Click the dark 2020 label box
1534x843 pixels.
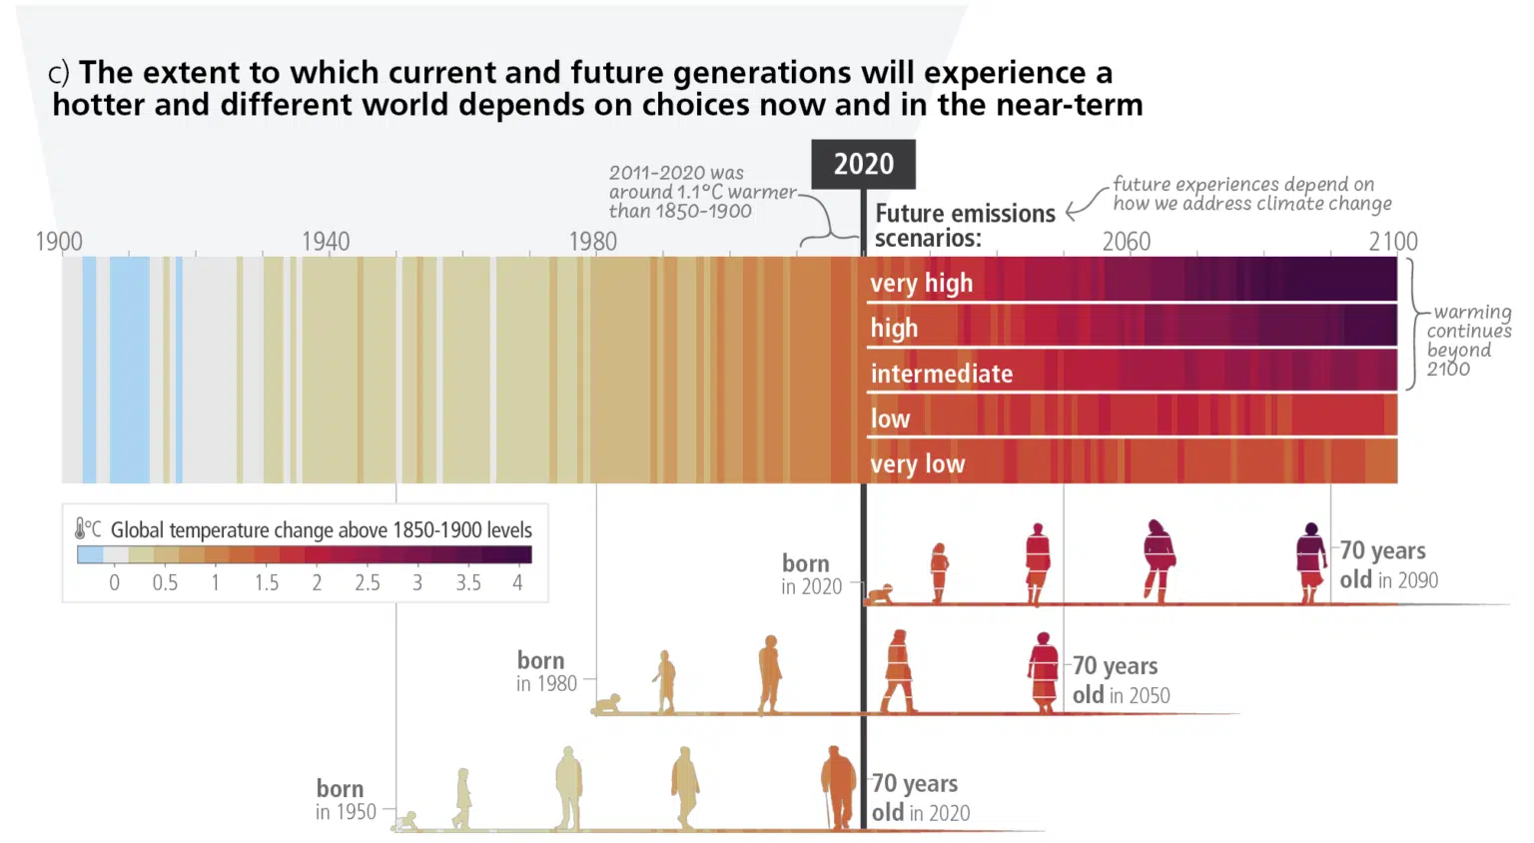[x=863, y=164]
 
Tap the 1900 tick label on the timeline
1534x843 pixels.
[x=59, y=242]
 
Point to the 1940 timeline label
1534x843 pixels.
[x=326, y=242]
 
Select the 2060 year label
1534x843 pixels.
[x=1126, y=242]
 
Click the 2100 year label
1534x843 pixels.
[x=1392, y=242]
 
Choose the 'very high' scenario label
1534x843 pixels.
[x=921, y=284]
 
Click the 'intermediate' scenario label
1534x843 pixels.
[x=941, y=374]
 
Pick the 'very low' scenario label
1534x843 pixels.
[x=917, y=464]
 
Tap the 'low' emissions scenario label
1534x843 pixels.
[x=890, y=420]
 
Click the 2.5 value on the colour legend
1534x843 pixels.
[x=367, y=583]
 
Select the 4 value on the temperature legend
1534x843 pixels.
[x=517, y=583]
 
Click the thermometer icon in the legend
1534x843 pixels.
[x=81, y=528]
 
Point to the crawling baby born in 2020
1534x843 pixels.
[x=880, y=595]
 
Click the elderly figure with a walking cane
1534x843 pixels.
[x=837, y=788]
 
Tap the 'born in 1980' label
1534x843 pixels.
[x=546, y=672]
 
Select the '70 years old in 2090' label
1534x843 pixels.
[x=1388, y=565]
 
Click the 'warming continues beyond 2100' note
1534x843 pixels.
[x=1467, y=340]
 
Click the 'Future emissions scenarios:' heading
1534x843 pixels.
[x=964, y=226]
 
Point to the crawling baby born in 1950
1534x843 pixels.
[x=405, y=822]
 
